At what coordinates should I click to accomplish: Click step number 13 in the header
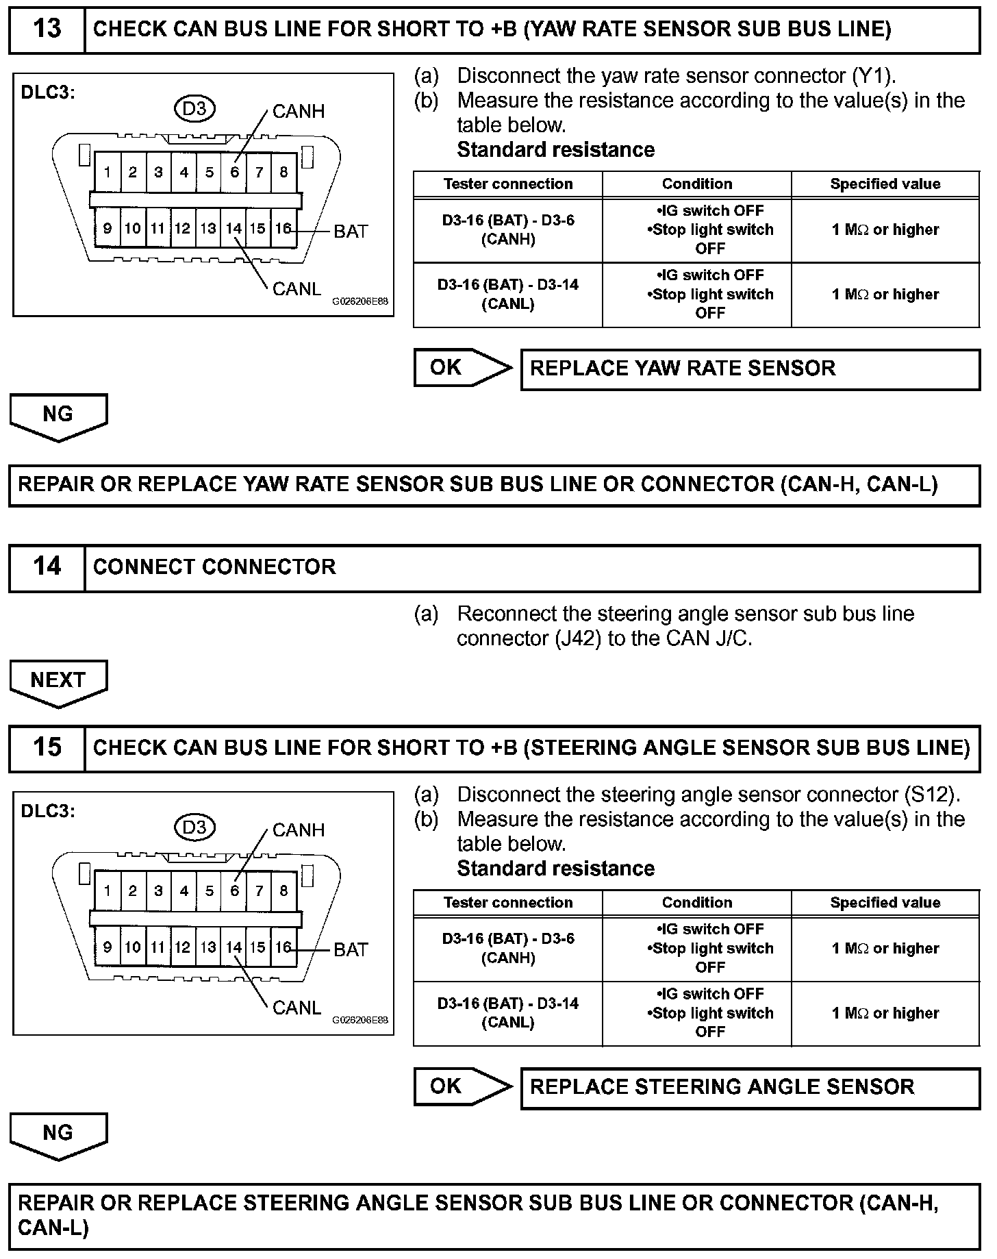click(47, 29)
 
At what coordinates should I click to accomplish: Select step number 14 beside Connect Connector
click(47, 566)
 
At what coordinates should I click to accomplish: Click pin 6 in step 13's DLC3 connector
click(234, 172)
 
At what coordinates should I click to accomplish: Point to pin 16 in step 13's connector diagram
click(283, 228)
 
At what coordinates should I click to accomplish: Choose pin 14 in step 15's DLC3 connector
click(234, 947)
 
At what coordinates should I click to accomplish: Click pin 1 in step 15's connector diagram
click(108, 890)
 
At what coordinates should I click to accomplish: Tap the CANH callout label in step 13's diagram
click(298, 112)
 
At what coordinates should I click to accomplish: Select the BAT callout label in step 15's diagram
click(351, 949)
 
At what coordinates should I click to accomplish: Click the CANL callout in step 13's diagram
click(296, 289)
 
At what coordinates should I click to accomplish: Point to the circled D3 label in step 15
click(194, 827)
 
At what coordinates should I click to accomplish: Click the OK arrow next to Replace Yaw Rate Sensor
click(462, 368)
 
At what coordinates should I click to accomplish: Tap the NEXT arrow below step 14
click(58, 681)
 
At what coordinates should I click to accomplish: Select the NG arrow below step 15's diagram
click(58, 1134)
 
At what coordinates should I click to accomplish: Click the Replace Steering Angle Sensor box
click(750, 1087)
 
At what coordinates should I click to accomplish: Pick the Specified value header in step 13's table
click(885, 184)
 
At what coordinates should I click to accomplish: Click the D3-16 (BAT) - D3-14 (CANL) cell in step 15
click(507, 1012)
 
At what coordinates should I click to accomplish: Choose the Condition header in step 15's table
click(696, 903)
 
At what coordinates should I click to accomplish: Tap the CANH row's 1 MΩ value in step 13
click(885, 230)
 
